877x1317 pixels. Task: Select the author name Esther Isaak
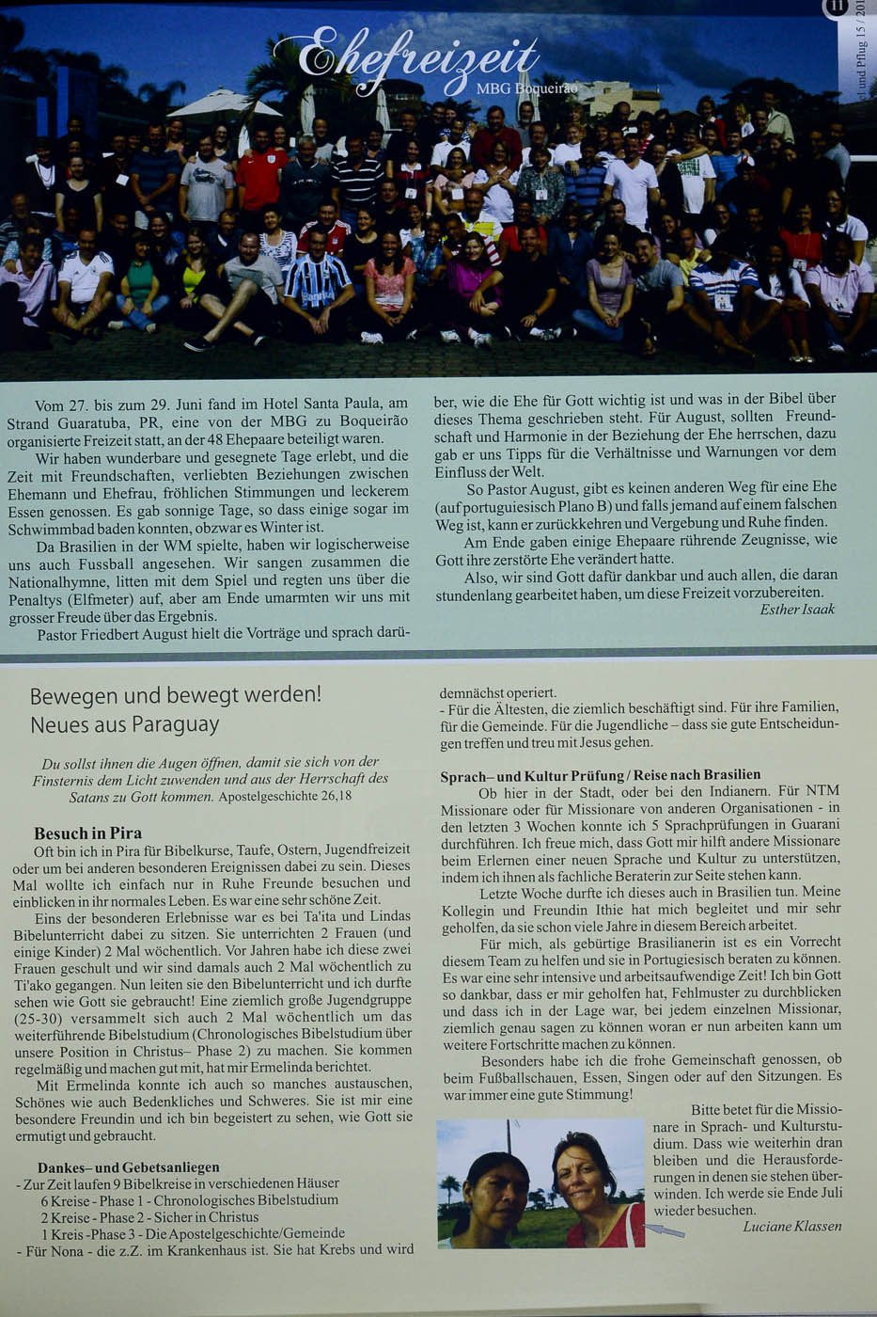(x=796, y=609)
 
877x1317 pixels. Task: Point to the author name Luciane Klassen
(x=791, y=1226)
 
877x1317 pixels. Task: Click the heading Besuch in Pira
(x=87, y=833)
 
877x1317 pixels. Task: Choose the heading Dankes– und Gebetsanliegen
(x=129, y=1167)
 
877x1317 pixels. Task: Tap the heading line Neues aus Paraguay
(x=124, y=724)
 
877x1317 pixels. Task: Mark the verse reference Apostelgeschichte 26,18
(x=285, y=796)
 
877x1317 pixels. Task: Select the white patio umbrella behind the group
(x=224, y=103)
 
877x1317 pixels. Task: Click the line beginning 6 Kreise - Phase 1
(x=188, y=1200)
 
